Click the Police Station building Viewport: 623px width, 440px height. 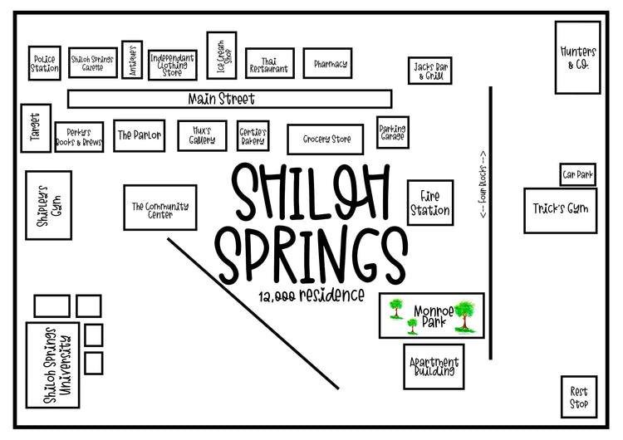(x=45, y=64)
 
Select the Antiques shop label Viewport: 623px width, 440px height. (x=132, y=61)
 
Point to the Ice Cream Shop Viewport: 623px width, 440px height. (x=221, y=55)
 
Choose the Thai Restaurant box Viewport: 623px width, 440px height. (x=270, y=66)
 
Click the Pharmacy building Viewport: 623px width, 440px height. (x=330, y=64)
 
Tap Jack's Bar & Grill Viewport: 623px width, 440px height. (x=429, y=71)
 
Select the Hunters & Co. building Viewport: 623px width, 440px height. (x=577, y=57)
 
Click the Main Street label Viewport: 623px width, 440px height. (x=221, y=99)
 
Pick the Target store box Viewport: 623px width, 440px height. (x=36, y=128)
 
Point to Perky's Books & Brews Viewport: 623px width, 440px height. (x=79, y=137)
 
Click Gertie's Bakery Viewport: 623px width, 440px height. (x=253, y=136)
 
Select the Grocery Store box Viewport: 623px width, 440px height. (x=325, y=139)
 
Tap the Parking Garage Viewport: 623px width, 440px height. (x=392, y=132)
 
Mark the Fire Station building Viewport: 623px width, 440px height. (x=429, y=202)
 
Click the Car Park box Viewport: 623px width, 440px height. (x=576, y=174)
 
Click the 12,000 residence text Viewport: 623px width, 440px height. (x=310, y=296)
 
